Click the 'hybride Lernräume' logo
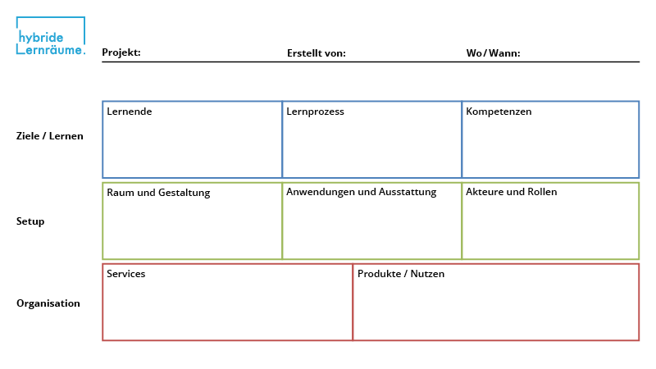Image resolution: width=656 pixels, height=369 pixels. tap(50, 38)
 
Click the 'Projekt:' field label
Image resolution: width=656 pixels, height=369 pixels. tap(121, 53)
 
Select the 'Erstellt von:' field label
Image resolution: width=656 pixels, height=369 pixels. tap(316, 53)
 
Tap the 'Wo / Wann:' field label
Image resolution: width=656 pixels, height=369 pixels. tap(493, 53)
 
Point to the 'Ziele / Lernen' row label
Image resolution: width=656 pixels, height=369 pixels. tap(49, 136)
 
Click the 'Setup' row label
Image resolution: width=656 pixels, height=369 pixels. tap(30, 221)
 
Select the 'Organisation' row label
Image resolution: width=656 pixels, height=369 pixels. tap(48, 303)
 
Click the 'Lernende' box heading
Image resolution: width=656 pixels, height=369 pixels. tap(130, 112)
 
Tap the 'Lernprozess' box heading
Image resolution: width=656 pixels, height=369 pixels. tap(315, 112)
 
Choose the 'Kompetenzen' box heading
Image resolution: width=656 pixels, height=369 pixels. tap(499, 112)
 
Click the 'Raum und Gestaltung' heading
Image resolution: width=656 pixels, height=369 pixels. tap(158, 193)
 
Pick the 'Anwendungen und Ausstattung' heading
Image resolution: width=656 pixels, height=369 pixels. tap(361, 192)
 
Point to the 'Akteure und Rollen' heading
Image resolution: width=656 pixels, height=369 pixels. tap(511, 192)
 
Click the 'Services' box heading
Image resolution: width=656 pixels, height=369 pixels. tap(125, 274)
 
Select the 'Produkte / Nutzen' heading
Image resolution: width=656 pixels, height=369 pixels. tap(401, 274)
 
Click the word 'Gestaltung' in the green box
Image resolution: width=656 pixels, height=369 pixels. tap(184, 193)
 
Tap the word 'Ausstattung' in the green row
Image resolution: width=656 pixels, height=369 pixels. tap(408, 192)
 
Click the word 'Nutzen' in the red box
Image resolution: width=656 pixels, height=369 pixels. tap(427, 274)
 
